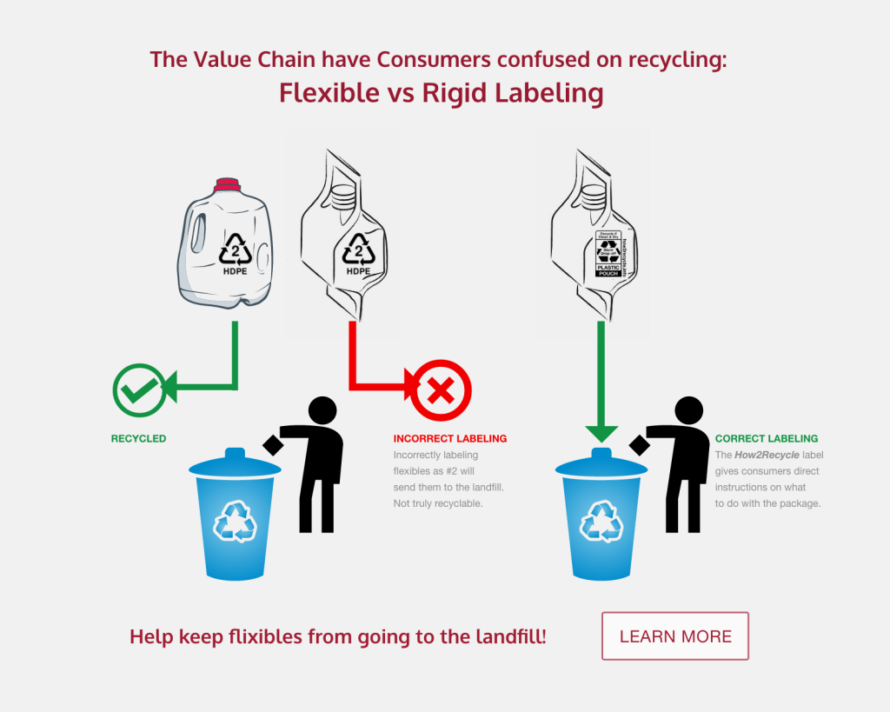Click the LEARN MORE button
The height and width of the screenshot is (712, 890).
[675, 636]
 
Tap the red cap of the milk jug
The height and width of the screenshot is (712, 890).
[227, 183]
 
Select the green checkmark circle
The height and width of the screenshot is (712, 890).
[138, 389]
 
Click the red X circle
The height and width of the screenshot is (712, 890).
[441, 390]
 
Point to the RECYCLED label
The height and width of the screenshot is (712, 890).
[138, 439]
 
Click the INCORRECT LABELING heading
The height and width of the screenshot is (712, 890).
[449, 439]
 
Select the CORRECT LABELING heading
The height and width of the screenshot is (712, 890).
[767, 439]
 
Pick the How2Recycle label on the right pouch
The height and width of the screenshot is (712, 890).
[608, 254]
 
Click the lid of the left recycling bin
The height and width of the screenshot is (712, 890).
[235, 464]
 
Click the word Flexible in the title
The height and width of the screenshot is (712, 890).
[323, 93]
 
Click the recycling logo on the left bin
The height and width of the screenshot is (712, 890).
[235, 522]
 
